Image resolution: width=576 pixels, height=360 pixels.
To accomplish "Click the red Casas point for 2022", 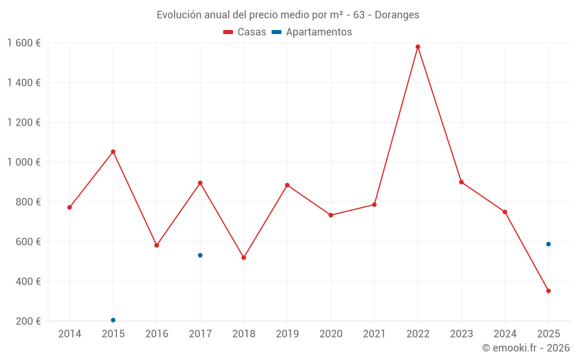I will pyautogui.click(x=418, y=47).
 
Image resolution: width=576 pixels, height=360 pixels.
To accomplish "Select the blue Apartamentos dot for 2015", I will pyautogui.click(x=113, y=320).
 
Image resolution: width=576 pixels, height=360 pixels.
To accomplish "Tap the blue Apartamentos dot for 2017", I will pyautogui.click(x=200, y=255).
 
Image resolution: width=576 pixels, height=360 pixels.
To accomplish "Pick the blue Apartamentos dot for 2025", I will pyautogui.click(x=548, y=244).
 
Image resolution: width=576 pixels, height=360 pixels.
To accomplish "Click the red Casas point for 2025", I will pyautogui.click(x=548, y=291).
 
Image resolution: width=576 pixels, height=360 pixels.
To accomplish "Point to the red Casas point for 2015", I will pyautogui.click(x=113, y=152).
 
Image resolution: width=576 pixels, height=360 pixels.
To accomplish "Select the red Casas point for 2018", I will pyautogui.click(x=244, y=257).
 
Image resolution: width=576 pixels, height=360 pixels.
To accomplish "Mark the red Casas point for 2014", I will pyautogui.click(x=70, y=207).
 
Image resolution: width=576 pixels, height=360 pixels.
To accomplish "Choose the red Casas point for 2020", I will pyautogui.click(x=331, y=215).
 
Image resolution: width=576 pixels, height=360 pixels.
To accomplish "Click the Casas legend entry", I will pyautogui.click(x=245, y=32).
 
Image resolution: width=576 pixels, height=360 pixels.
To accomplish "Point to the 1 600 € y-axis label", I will pyautogui.click(x=24, y=43).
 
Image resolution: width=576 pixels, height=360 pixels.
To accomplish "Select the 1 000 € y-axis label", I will pyautogui.click(x=24, y=162).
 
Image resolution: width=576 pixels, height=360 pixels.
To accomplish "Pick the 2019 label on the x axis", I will pyautogui.click(x=287, y=334).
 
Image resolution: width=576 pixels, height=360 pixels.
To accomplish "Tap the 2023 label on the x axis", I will pyautogui.click(x=461, y=334).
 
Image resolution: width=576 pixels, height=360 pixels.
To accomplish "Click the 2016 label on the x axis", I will pyautogui.click(x=157, y=334).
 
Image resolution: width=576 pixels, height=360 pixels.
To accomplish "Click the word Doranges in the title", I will pyautogui.click(x=397, y=14).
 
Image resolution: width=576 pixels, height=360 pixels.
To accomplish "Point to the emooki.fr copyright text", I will pyautogui.click(x=526, y=348).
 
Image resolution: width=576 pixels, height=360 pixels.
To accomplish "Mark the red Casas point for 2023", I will pyautogui.click(x=461, y=182).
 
